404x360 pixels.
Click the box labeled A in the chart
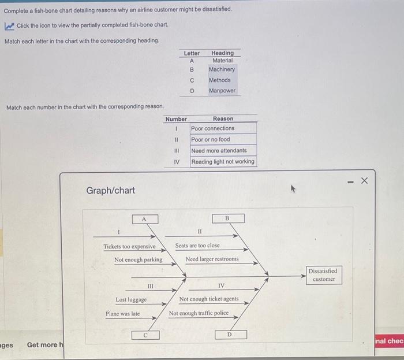click(x=145, y=218)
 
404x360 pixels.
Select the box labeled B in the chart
click(x=227, y=218)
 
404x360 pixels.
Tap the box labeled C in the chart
click(x=145, y=334)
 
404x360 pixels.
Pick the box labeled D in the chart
click(x=230, y=334)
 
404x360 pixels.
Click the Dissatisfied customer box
click(x=323, y=274)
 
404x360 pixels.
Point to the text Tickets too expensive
click(x=129, y=246)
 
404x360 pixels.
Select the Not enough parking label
click(x=138, y=259)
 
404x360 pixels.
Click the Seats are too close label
click(x=197, y=246)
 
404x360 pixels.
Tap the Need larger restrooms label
click(x=212, y=259)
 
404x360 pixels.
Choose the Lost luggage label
click(x=131, y=299)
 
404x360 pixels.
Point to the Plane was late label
click(x=122, y=313)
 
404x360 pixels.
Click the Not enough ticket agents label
click(x=208, y=299)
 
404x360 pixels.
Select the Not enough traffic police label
click(x=199, y=313)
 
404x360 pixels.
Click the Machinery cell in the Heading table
click(x=222, y=69)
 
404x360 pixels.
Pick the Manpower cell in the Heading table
click(x=222, y=91)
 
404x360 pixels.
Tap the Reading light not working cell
click(x=223, y=161)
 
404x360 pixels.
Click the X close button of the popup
click(x=364, y=181)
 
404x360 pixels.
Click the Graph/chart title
click(x=110, y=190)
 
